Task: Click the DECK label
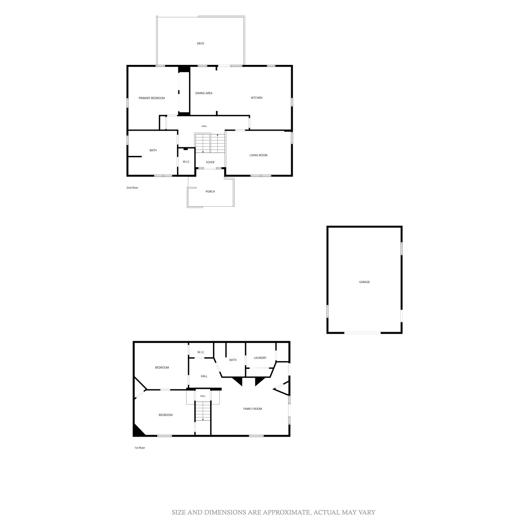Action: coord(200,43)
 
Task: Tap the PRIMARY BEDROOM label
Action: coord(152,98)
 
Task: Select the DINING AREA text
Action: coord(204,93)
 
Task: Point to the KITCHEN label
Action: coord(256,98)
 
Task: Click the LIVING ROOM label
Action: coord(259,155)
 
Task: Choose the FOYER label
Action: coord(210,162)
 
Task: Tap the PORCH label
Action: coord(210,191)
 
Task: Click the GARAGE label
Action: coord(364,282)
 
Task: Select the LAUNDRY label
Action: coord(260,358)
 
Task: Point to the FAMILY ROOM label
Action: coord(253,409)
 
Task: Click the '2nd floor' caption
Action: coord(132,188)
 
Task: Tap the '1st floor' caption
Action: coord(140,448)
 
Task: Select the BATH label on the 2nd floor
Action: coord(153,150)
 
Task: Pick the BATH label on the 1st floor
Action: coord(233,360)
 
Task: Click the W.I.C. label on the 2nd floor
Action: coord(186,162)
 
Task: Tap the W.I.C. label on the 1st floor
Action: coord(201,352)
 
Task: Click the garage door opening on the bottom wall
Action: coord(363,333)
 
